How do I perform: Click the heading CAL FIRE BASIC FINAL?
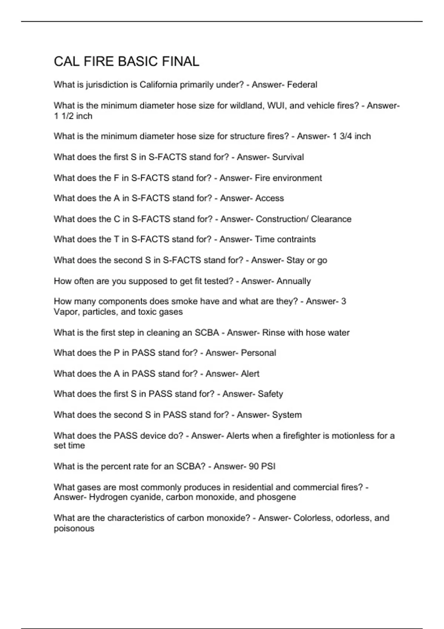127,61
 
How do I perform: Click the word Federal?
302,85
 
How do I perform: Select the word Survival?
288,157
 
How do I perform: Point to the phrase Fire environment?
288,178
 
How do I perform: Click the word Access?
269,198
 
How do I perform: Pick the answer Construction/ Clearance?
303,219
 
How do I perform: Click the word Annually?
293,281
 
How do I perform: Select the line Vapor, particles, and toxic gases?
118,312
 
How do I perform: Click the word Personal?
258,353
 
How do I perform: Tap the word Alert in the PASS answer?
250,374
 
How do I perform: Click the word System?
287,415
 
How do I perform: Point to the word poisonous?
74,528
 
